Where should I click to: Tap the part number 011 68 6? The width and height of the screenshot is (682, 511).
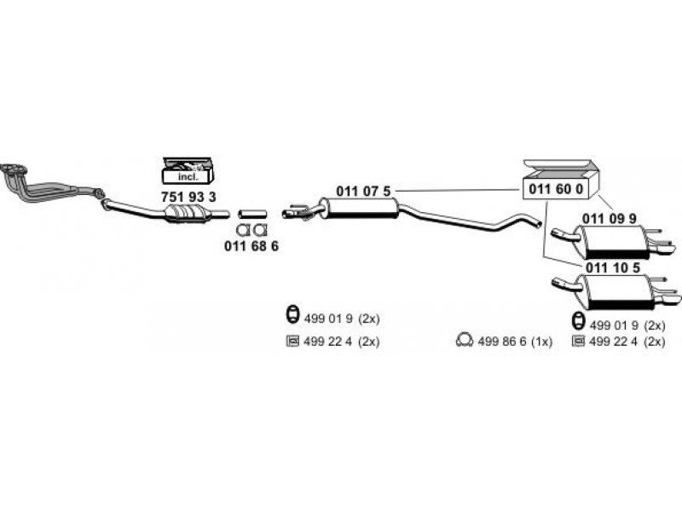point(251,246)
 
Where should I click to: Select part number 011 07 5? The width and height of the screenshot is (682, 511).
point(363,191)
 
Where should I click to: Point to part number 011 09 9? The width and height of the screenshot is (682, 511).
point(609,218)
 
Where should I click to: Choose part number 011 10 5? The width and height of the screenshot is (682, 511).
point(611,268)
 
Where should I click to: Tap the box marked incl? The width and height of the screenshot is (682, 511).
point(188,176)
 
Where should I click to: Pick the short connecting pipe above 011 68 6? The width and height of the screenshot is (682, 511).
point(252,213)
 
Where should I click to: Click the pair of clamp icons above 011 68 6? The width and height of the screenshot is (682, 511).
point(251,230)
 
